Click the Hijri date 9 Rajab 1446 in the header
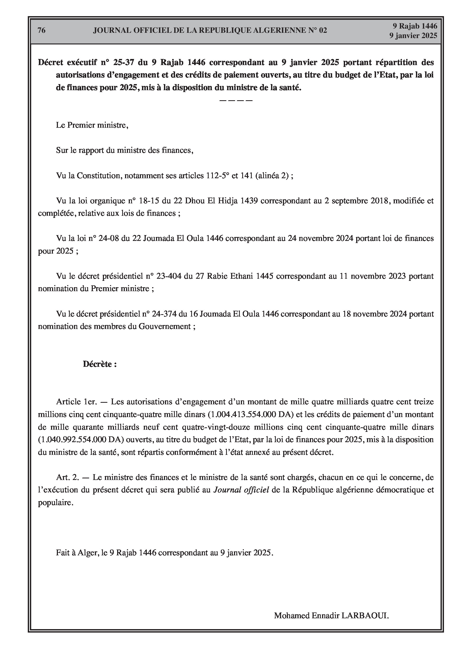pos(415,26)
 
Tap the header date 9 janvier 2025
pos(413,35)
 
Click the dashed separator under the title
pos(236,100)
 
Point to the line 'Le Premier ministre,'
pos(92,125)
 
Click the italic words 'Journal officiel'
pos(241,490)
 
